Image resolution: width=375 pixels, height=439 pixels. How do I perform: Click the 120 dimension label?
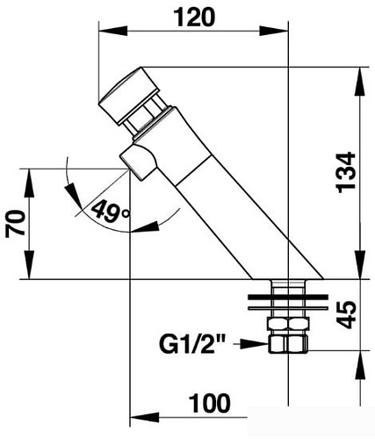[x=195, y=18]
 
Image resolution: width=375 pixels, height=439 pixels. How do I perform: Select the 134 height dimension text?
[x=346, y=172]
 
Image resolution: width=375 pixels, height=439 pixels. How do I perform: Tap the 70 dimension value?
[x=16, y=223]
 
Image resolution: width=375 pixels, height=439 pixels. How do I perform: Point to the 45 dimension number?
[x=347, y=314]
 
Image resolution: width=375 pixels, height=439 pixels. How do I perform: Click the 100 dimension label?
[x=210, y=404]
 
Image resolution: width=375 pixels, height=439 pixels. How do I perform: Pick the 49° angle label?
[x=110, y=211]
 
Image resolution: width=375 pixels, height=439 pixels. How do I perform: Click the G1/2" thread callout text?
[x=193, y=344]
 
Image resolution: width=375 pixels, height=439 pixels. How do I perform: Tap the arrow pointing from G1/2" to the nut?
[x=252, y=344]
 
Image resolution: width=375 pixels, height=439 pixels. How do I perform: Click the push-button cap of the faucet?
[x=129, y=96]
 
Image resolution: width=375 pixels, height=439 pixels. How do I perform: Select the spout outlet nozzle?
[x=137, y=162]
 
